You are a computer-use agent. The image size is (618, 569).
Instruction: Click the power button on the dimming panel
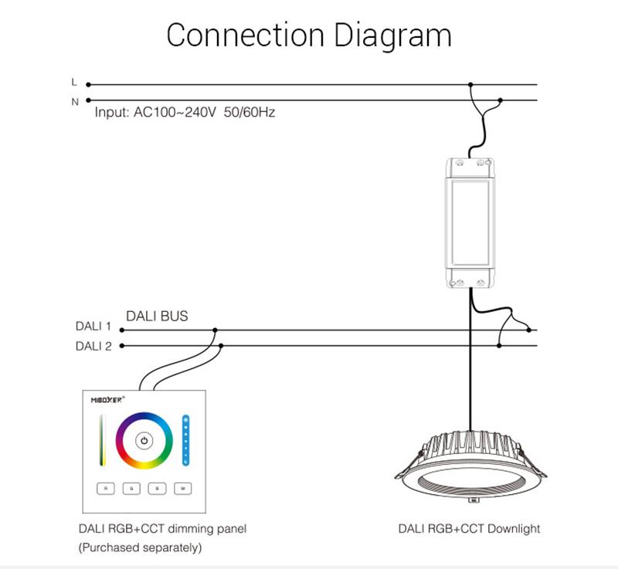[144, 442]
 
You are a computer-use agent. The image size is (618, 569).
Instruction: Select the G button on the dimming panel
[131, 488]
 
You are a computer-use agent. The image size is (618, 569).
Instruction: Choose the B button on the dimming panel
[157, 488]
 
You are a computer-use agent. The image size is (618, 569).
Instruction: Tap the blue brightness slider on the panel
[185, 441]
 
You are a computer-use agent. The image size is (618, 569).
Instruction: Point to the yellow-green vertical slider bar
[100, 441]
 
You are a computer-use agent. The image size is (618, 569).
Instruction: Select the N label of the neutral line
[75, 101]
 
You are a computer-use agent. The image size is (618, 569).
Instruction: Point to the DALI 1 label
[93, 327]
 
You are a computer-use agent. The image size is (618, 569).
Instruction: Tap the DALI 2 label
[93, 346]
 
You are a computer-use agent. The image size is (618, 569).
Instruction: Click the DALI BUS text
[157, 316]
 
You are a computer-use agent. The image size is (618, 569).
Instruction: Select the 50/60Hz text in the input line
[249, 113]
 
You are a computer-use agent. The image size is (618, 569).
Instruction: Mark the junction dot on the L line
[471, 85]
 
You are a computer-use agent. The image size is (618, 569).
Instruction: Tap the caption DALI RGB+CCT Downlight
[469, 529]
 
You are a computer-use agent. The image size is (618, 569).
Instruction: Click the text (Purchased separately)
[140, 547]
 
